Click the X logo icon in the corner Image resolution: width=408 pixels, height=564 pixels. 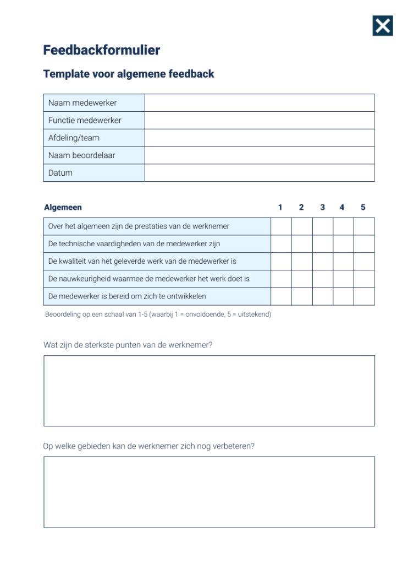383,25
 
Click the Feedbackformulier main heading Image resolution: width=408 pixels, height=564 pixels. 102,50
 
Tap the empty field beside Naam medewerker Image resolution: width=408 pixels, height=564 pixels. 259,103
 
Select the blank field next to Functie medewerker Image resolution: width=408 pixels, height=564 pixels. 259,121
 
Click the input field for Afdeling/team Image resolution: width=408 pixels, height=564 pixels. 259,138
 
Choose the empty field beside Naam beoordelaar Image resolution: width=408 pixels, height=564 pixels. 259,155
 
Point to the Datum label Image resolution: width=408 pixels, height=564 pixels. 60,173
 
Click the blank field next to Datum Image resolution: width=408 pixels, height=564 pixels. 259,173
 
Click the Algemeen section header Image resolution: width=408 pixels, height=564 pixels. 63,208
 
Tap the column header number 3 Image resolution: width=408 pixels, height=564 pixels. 322,208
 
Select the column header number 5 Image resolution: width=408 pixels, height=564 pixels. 363,208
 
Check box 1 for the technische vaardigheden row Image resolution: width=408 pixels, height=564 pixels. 281,244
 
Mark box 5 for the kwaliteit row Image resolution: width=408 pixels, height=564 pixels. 363,262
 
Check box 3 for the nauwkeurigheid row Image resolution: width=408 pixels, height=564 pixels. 323,279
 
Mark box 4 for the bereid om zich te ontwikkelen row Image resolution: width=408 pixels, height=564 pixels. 343,296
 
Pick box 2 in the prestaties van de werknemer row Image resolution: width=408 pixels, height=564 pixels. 302,226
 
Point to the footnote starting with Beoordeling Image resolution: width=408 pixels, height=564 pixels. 158,314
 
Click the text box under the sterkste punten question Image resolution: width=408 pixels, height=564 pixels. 209,391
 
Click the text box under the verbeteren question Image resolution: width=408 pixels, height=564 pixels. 209,492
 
